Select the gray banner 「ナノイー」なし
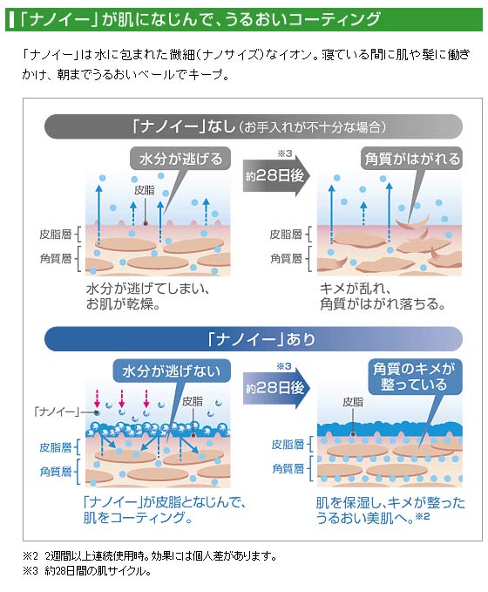point(254,126)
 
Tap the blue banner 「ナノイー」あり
point(254,338)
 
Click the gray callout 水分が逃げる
point(180,159)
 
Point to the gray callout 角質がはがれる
point(412,159)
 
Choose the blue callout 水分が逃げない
point(172,371)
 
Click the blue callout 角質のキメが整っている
point(415,377)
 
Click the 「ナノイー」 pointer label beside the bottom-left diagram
point(57,412)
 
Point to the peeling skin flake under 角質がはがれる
point(412,222)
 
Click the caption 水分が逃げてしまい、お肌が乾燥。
point(147,296)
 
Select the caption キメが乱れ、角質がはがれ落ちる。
point(382,296)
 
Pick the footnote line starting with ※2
point(150,555)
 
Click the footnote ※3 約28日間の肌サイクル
point(87,571)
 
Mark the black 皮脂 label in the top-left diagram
point(144,190)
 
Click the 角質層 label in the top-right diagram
point(287,259)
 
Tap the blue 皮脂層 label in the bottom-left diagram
point(56,447)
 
